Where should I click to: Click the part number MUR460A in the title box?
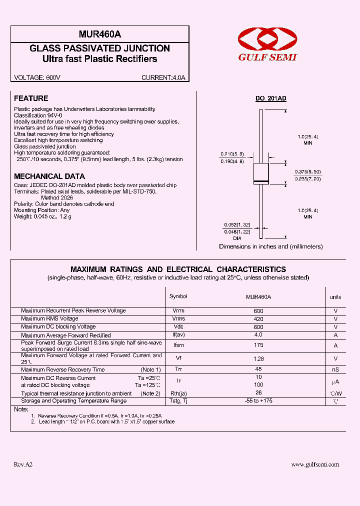(100, 34)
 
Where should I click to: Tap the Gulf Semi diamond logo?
(267, 39)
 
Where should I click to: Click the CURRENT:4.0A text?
(163, 77)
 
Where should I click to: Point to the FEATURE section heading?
(31, 98)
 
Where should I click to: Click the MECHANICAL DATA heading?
(49, 176)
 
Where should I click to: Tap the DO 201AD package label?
(271, 99)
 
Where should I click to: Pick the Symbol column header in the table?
(178, 296)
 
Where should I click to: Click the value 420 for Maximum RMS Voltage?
(258, 318)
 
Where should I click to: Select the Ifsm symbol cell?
(178, 345)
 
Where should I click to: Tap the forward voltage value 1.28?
(258, 358)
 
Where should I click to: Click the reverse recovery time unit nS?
(335, 369)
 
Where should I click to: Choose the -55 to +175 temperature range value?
(258, 401)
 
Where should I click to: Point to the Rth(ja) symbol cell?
(178, 393)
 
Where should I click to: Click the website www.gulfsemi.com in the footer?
(315, 464)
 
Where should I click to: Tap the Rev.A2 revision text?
(23, 464)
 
